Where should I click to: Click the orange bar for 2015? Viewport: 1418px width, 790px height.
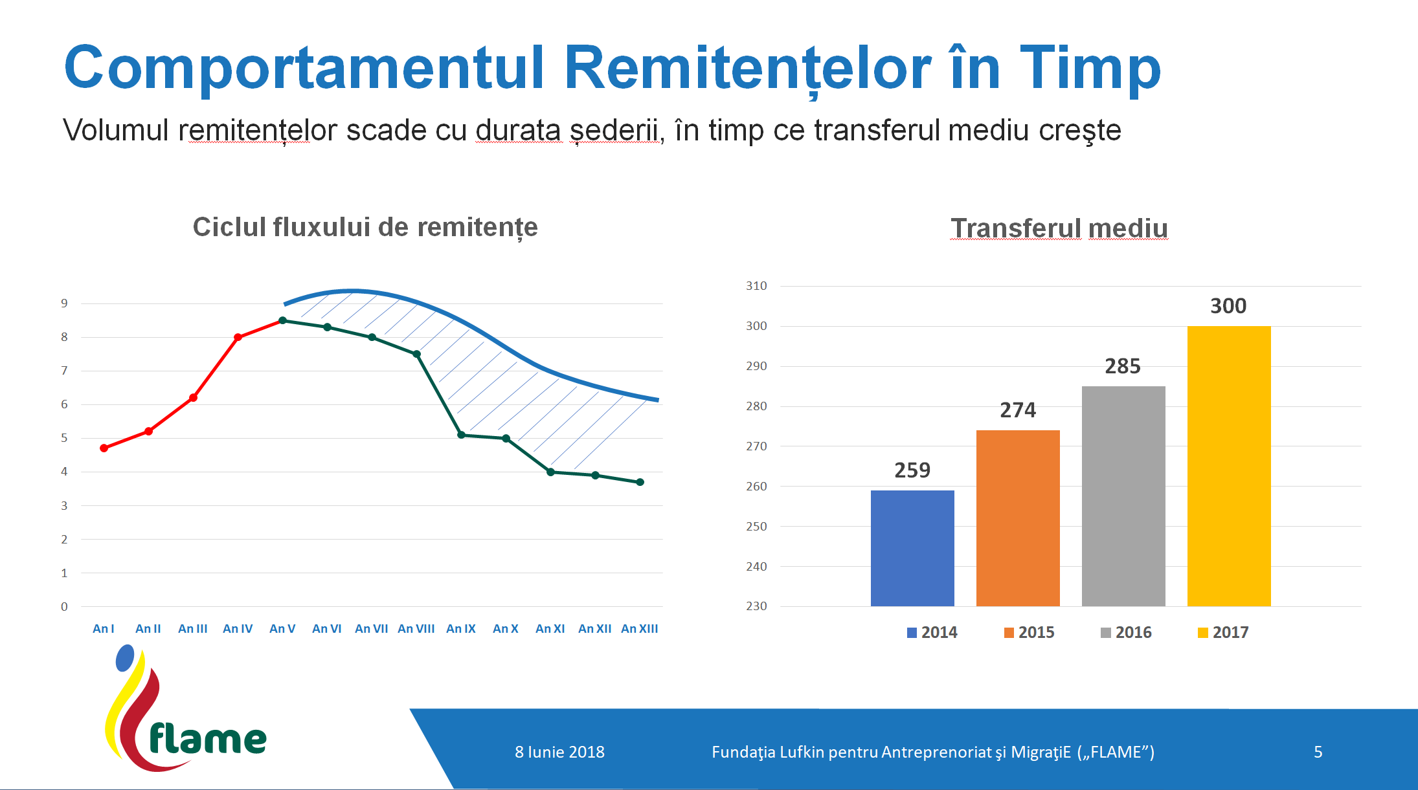pos(1018,518)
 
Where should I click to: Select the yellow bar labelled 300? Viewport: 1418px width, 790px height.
pos(1229,466)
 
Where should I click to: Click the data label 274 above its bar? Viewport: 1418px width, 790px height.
pos(1018,410)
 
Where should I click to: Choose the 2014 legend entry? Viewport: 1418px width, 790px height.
pos(932,633)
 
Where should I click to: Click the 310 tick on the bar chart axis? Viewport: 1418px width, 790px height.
pos(756,286)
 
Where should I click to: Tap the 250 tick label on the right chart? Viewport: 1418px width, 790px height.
pos(756,527)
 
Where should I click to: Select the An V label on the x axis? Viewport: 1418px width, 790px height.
pos(282,629)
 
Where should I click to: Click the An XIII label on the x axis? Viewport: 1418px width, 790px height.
pos(639,629)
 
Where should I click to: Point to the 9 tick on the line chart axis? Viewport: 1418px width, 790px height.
pos(64,303)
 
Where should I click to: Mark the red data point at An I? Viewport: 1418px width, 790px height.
pos(104,448)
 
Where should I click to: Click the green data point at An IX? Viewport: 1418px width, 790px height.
pos(461,435)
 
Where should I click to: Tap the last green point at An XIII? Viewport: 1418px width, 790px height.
pos(640,482)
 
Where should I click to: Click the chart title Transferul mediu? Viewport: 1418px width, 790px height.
pos(1059,228)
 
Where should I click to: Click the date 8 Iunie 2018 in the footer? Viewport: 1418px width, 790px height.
pos(559,752)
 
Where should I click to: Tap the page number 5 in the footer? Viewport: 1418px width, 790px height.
pos(1318,752)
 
